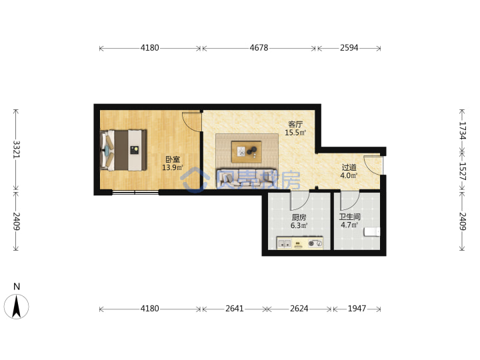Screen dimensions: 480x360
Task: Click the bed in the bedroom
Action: pos(123,150)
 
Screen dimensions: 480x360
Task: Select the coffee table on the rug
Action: pos(247,152)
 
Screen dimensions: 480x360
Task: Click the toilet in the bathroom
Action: pos(372,232)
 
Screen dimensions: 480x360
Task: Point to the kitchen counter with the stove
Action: pos(300,243)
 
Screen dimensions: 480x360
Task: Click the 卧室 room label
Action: pos(173,159)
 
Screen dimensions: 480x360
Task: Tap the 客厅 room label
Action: pos(295,124)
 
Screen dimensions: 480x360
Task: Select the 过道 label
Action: pos(349,167)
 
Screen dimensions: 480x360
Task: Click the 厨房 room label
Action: pos(299,217)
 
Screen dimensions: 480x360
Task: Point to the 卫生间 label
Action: pos(349,217)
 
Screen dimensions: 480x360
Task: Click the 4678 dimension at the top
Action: pos(259,48)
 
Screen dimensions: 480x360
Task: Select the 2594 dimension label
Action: pos(349,48)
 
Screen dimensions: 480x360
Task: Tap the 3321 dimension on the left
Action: pos(16,149)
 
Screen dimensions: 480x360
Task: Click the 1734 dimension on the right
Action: pos(462,131)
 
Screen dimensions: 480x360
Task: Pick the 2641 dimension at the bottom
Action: pos(235,309)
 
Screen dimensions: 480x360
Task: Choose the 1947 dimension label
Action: pos(357,309)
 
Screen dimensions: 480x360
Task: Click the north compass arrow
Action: pos(16,306)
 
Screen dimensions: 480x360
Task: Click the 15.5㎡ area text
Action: pos(295,133)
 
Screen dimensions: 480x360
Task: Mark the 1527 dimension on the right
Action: pos(462,171)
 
